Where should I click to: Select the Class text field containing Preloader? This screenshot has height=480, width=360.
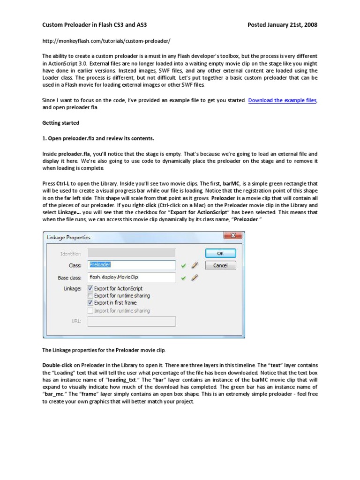pyautogui.click(x=132, y=265)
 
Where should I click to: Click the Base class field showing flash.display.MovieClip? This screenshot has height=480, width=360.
pyautogui.click(x=132, y=277)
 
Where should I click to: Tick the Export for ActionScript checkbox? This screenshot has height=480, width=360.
pyautogui.click(x=90, y=289)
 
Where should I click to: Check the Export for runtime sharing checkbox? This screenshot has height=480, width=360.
pyautogui.click(x=90, y=296)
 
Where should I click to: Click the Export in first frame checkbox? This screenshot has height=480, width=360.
pyautogui.click(x=90, y=303)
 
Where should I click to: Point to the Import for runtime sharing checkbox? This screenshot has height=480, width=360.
pyautogui.click(x=90, y=310)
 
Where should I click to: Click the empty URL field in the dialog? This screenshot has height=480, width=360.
pyautogui.click(x=132, y=321)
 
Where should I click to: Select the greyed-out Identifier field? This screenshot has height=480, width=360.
pyautogui.click(x=132, y=254)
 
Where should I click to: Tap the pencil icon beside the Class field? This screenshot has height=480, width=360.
pyautogui.click(x=195, y=265)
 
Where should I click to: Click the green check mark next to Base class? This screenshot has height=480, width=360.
pyautogui.click(x=184, y=277)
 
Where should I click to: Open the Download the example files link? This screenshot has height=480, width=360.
pyautogui.click(x=282, y=100)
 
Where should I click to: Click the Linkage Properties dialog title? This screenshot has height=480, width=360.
pyautogui.click(x=69, y=238)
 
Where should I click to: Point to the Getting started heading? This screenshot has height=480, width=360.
pyautogui.click(x=61, y=123)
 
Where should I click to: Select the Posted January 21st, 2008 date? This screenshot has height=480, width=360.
pyautogui.click(x=282, y=25)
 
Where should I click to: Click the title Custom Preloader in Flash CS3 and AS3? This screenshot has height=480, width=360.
pyautogui.click(x=98, y=25)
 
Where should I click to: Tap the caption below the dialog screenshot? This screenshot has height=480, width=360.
pyautogui.click(x=104, y=350)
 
